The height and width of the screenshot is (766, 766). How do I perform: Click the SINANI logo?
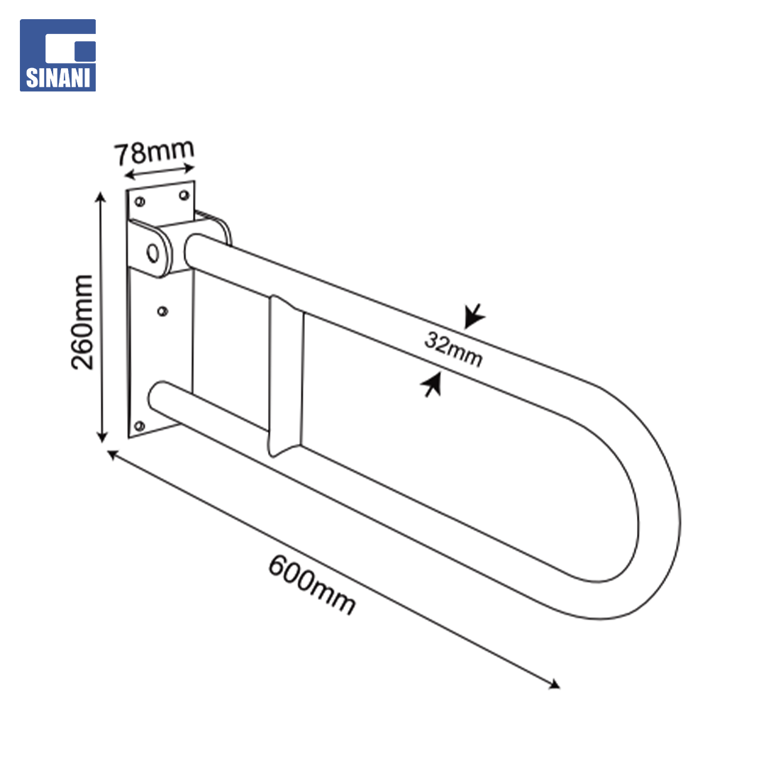(57, 55)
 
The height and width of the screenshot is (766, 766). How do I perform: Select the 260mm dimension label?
(82, 322)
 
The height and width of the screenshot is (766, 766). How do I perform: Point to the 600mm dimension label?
(311, 584)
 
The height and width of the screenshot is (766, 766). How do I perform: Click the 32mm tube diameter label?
(453, 348)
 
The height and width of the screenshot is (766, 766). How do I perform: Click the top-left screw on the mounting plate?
(140, 201)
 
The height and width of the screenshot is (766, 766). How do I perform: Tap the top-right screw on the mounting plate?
(184, 196)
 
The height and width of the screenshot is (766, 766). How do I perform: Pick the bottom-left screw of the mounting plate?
(139, 426)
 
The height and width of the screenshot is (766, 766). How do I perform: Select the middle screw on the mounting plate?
(162, 311)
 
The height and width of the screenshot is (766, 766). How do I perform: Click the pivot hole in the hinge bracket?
(153, 253)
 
